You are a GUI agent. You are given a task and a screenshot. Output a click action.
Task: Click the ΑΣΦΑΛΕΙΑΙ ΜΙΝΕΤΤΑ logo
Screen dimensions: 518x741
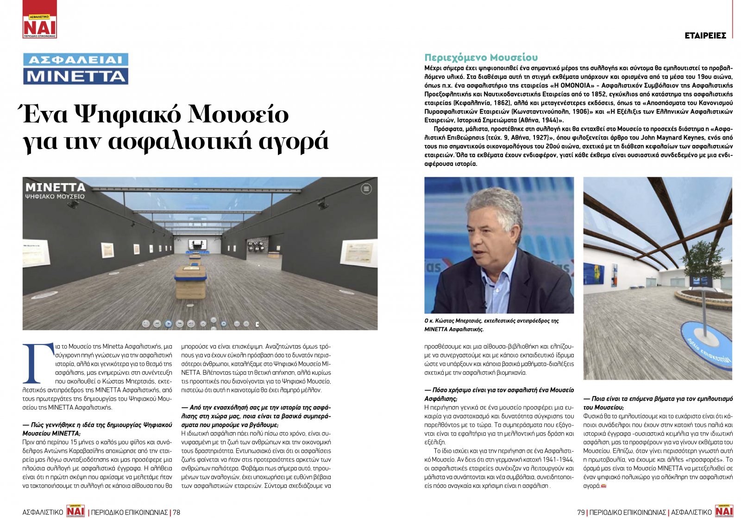(75, 69)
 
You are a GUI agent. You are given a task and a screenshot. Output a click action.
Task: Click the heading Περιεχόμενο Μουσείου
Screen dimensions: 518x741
(481, 58)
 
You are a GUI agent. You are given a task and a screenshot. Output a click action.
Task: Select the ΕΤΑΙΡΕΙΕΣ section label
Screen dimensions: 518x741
(705, 35)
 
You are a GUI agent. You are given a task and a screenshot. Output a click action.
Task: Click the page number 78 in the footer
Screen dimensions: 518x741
(176, 512)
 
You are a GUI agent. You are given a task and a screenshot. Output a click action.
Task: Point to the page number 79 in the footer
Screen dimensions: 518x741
(581, 512)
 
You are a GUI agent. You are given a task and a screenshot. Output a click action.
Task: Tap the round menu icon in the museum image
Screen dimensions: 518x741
(366, 189)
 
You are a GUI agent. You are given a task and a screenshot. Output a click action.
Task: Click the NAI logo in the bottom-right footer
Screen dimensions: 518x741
(724, 511)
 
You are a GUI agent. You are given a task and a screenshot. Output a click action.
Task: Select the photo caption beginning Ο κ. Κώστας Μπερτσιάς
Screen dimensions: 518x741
(491, 325)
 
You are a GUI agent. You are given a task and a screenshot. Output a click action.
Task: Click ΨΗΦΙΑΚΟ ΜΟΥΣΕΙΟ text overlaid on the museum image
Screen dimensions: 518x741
(55, 197)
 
